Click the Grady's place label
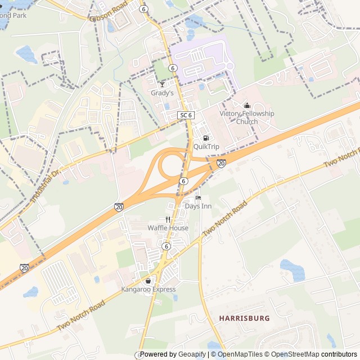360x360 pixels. click(162, 93)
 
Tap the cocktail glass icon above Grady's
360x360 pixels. click(162, 84)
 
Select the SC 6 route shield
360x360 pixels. click(186, 115)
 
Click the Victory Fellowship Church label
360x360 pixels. click(247, 118)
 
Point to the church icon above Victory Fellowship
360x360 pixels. click(246, 105)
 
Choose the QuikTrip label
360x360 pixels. click(206, 147)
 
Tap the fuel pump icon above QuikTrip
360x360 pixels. click(206, 138)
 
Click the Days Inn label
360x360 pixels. click(198, 206)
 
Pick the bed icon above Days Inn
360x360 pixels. click(197, 197)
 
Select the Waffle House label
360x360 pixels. click(168, 228)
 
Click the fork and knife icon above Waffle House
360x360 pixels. click(168, 219)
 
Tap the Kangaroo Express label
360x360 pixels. click(148, 290)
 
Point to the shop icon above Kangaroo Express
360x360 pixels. click(148, 281)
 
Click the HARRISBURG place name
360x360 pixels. click(244, 318)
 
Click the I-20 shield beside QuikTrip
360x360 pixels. click(221, 163)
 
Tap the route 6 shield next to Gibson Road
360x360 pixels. click(144, 9)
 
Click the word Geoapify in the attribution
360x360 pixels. click(192, 354)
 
